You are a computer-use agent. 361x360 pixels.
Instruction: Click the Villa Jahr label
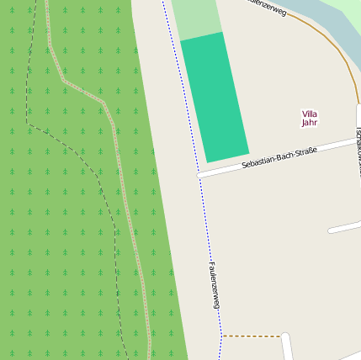310,118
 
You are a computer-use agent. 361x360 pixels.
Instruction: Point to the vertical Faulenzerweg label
213,284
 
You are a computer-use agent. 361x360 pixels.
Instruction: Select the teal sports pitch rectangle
215,97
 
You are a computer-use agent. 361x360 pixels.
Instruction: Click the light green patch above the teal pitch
196,19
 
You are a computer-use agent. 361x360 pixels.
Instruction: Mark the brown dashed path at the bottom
251,336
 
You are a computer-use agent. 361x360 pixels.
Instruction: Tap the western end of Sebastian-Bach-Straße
202,175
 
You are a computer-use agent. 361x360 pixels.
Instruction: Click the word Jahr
310,123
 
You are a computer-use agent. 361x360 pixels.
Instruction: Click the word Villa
310,114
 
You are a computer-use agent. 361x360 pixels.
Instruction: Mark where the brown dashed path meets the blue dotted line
221,336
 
